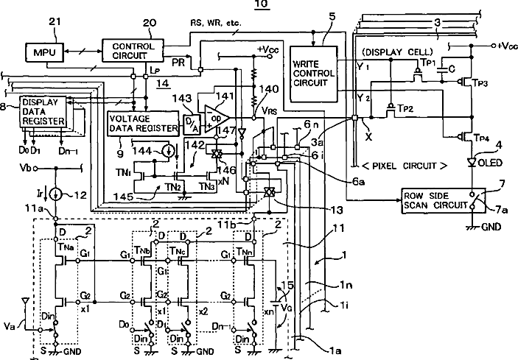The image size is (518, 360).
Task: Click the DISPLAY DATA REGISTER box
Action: pos(43,110)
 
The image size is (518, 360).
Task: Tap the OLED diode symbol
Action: pos(471,163)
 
